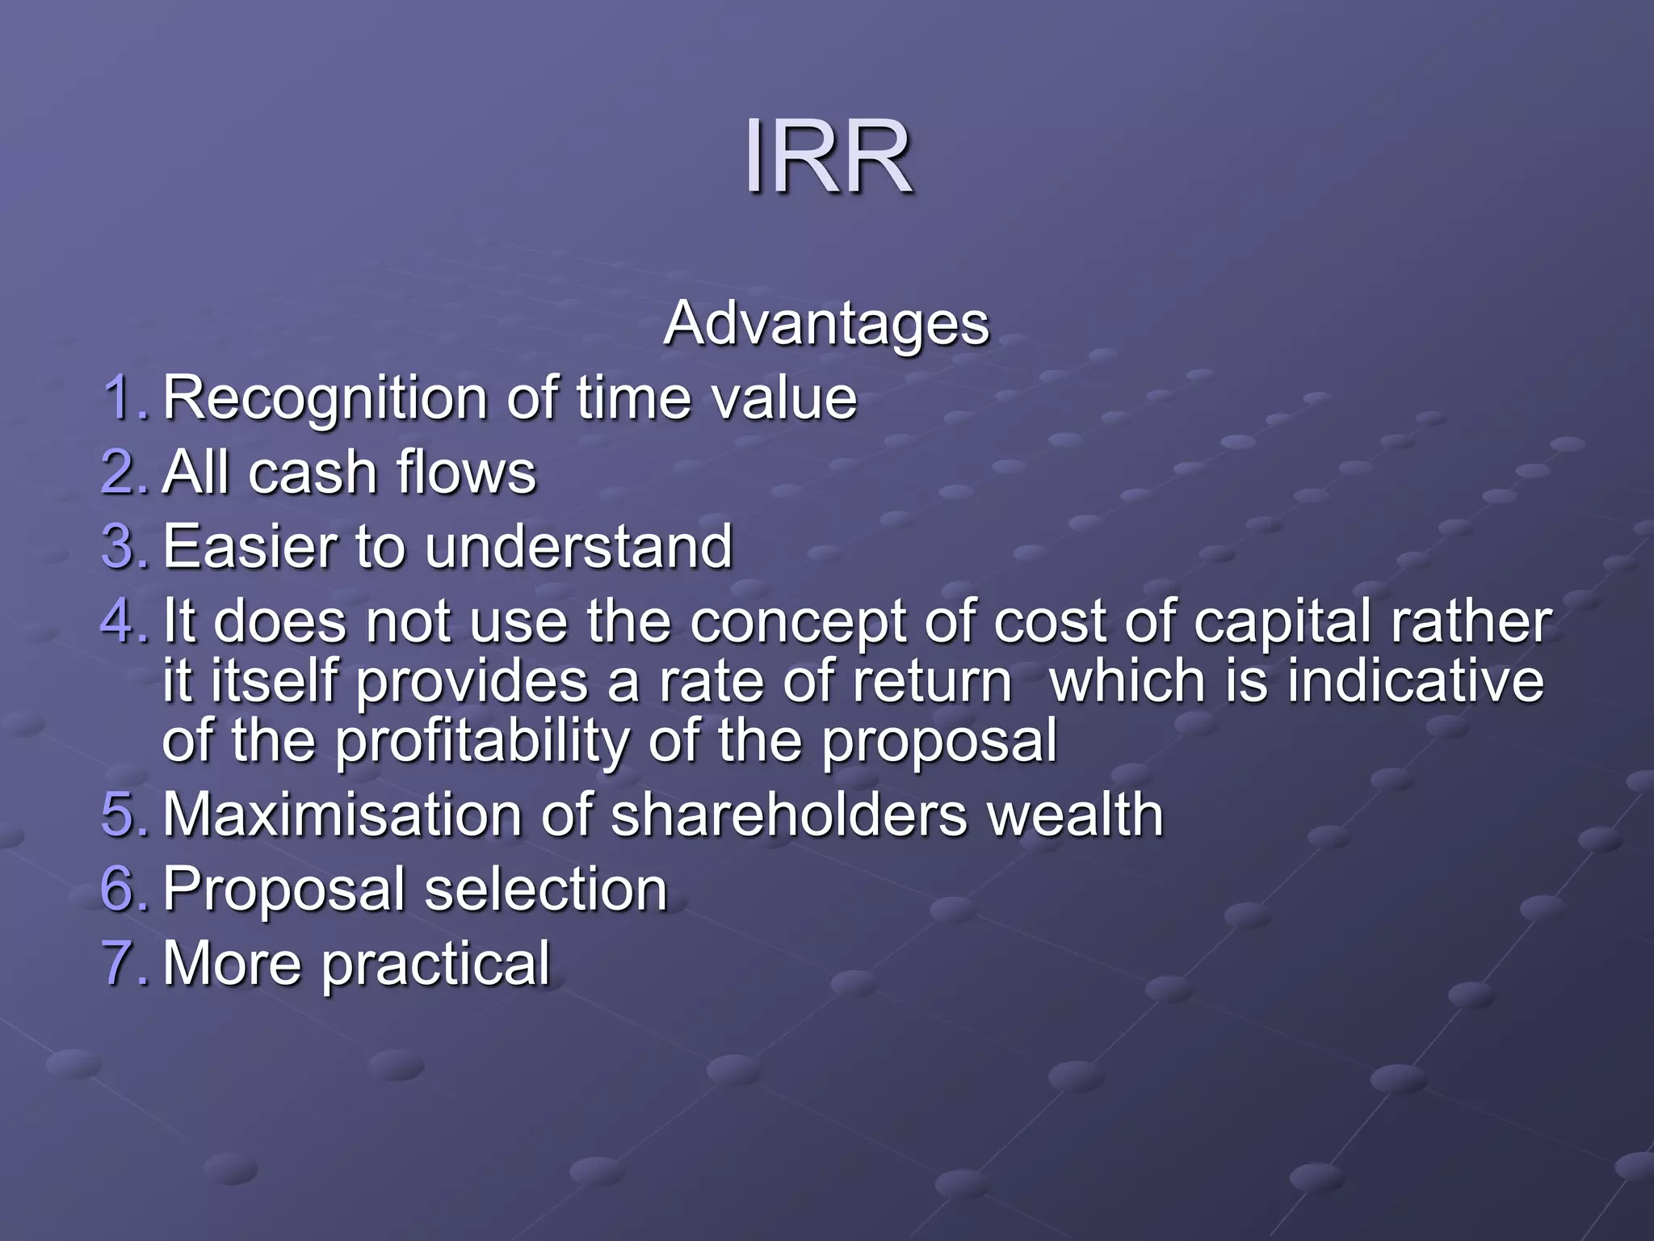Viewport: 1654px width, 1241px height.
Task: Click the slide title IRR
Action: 828,155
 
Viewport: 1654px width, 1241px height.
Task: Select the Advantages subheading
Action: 826,323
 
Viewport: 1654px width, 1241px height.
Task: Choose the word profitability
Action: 482,740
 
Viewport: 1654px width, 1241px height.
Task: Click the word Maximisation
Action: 342,814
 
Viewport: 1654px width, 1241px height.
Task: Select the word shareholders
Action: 789,814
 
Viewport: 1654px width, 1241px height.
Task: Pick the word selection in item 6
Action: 546,888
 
